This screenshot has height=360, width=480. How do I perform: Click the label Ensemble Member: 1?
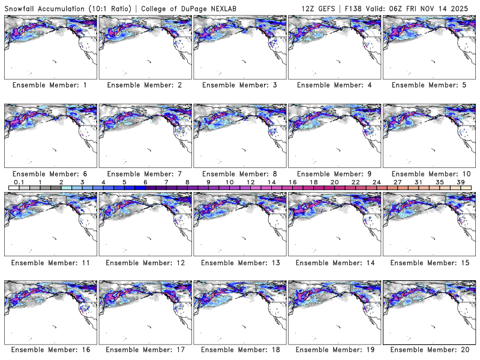point(50,85)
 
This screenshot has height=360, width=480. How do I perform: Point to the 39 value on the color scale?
point(461,181)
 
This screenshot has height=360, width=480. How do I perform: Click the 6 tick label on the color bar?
point(145,181)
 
